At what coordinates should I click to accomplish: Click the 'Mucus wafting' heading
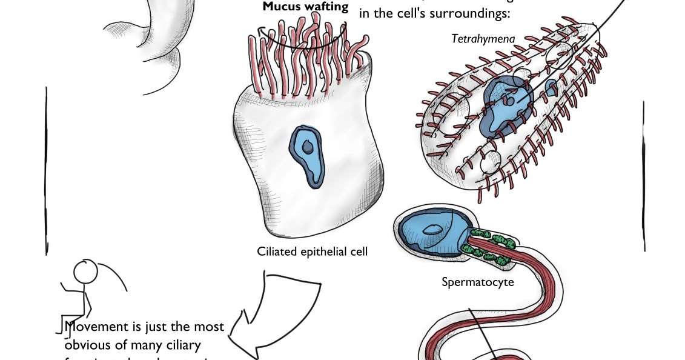[x=305, y=7]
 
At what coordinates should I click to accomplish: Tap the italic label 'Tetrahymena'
[x=483, y=39]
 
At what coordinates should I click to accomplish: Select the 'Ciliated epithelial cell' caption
[x=312, y=252]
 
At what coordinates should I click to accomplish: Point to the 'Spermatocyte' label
[x=477, y=282]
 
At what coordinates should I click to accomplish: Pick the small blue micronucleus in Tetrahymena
[x=552, y=88]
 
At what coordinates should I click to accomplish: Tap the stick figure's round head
[x=85, y=272]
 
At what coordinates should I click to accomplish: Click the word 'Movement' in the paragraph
[x=97, y=327]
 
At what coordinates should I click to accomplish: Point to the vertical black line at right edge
[x=643, y=176]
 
